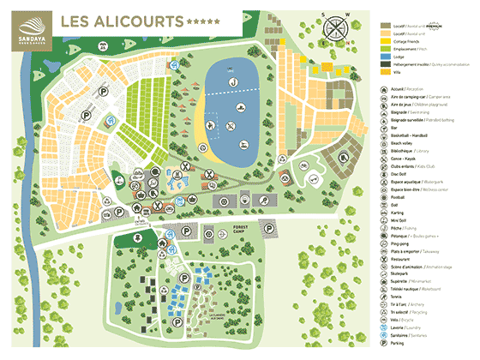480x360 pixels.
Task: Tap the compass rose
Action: [x=335, y=27]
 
